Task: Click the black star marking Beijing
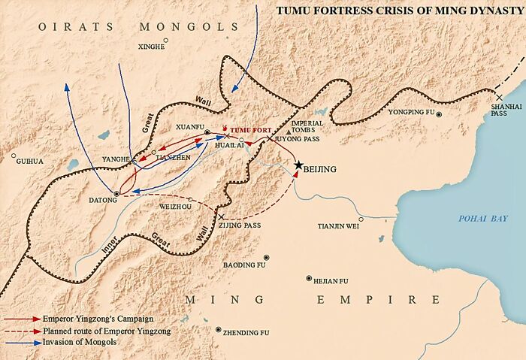tap(298, 165)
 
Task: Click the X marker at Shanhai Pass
tap(499, 96)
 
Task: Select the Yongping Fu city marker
tap(440, 114)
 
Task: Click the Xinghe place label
tap(151, 47)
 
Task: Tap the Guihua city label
tap(30, 161)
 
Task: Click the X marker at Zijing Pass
tap(222, 216)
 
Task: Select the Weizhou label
tap(175, 205)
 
